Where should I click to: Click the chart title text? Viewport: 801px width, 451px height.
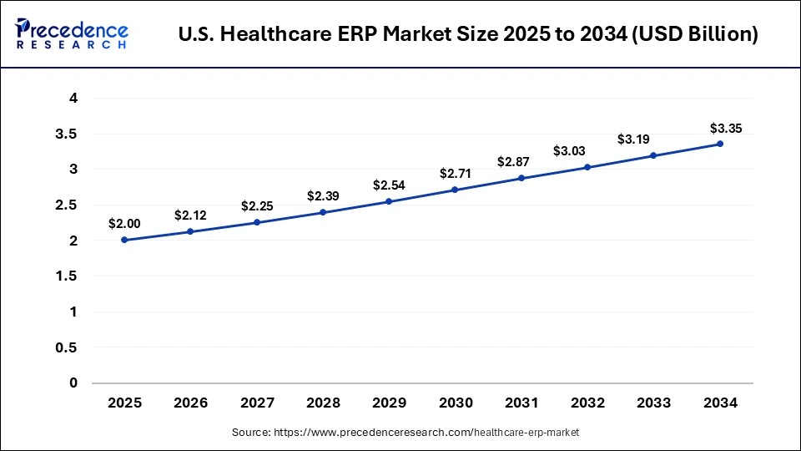(468, 35)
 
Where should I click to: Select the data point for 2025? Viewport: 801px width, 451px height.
(124, 240)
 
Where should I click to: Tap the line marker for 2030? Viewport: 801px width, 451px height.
(455, 190)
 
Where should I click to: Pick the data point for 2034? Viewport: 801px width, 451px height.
(720, 144)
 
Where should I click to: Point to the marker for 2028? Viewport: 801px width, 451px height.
(323, 212)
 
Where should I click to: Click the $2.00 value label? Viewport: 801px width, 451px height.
(124, 224)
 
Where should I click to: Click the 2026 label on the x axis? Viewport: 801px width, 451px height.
(190, 403)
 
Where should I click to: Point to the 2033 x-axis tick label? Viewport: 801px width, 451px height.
(654, 403)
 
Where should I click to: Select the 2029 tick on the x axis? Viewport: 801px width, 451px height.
(389, 403)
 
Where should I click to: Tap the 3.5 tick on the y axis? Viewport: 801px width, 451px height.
(68, 134)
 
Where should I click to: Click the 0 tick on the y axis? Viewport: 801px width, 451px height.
(73, 383)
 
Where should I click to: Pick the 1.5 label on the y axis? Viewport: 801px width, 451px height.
(68, 276)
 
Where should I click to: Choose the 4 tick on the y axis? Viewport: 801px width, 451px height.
(73, 98)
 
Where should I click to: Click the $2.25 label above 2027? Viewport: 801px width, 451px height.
(257, 205)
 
